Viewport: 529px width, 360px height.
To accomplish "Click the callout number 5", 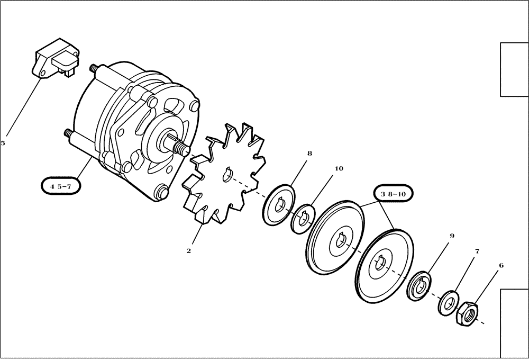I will (3, 143).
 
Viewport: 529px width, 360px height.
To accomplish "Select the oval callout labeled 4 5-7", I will (60, 186).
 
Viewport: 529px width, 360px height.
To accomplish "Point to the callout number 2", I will (188, 251).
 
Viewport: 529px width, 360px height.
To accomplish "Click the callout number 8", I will (309, 154).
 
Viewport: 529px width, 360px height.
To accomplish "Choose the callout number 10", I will (339, 169).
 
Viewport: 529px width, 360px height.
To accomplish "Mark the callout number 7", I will (477, 251).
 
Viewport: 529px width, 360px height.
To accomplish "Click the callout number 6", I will (501, 266).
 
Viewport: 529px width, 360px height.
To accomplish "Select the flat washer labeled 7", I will (448, 303).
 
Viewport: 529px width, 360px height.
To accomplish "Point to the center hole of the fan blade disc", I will (229, 174).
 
